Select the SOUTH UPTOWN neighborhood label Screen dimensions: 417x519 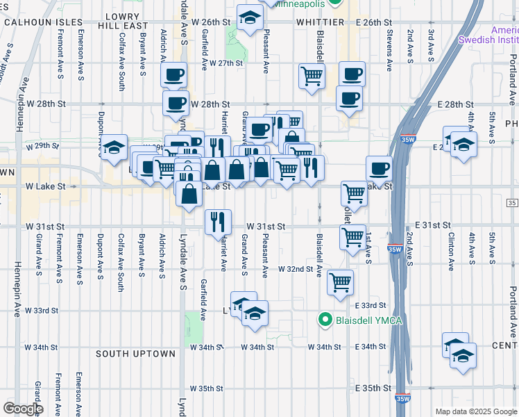point(136,354)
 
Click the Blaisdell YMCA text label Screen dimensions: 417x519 point(370,320)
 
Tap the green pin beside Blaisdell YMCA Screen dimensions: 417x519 point(323,320)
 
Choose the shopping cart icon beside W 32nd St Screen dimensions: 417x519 point(340,283)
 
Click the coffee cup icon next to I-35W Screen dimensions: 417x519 point(379,168)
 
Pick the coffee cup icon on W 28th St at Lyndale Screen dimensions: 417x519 point(176,104)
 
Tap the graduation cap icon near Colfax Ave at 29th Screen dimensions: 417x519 point(114,147)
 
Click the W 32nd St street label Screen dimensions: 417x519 point(298,268)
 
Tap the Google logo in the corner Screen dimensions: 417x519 point(23,409)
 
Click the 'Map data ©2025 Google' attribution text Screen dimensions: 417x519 point(475,411)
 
